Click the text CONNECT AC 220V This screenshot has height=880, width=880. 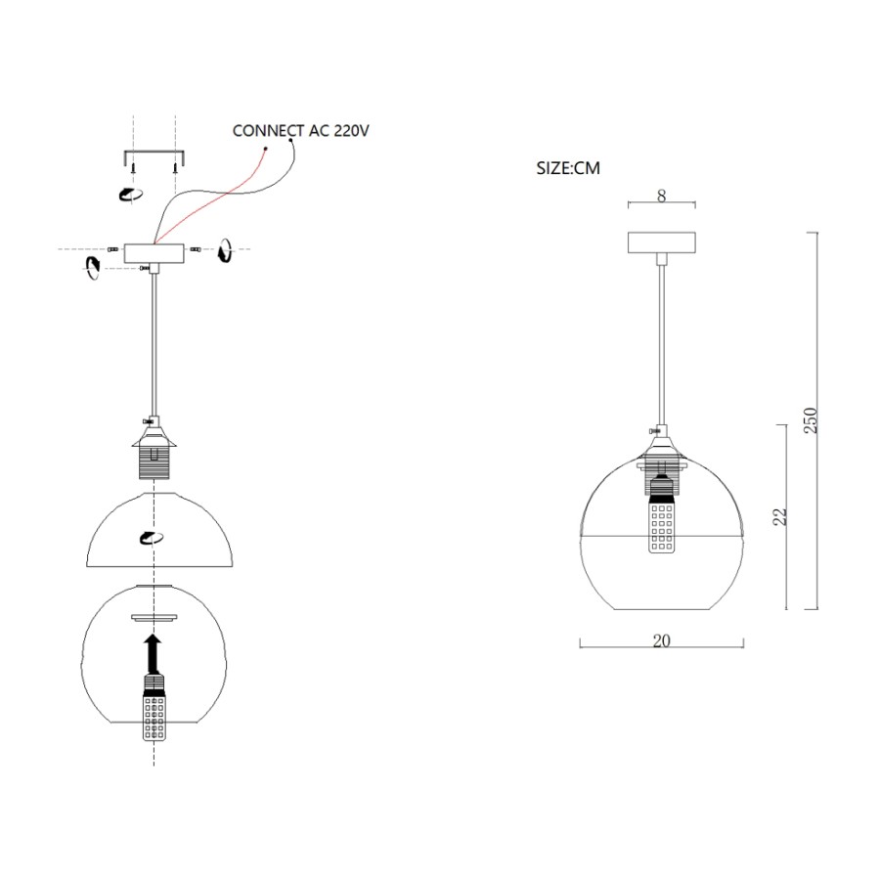[301, 131]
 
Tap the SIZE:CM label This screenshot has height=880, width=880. [568, 168]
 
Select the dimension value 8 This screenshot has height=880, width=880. [662, 196]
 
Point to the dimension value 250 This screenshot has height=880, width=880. [811, 419]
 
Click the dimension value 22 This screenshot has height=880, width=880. [780, 517]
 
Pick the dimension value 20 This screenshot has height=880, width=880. [662, 640]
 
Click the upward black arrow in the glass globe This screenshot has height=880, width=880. [153, 654]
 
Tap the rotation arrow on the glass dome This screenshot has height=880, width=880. [152, 538]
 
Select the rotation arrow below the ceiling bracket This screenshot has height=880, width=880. [130, 195]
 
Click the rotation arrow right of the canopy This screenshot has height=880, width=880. [225, 250]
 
